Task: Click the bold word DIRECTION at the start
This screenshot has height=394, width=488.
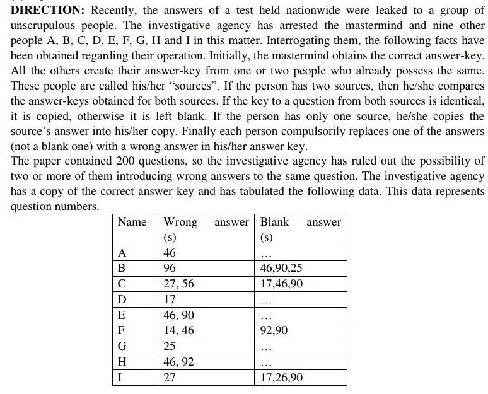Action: coord(42,11)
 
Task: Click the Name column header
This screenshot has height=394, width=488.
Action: coord(132,222)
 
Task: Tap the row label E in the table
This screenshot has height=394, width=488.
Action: coord(122,315)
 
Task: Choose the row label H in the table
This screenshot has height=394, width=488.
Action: coord(122,361)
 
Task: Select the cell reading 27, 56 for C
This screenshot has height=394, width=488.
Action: coord(178,284)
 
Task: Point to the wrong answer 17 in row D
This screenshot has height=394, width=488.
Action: coord(170,299)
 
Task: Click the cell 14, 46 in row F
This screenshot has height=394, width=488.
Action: coord(178,330)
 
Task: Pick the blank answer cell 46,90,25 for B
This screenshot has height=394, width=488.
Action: coord(281,268)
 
